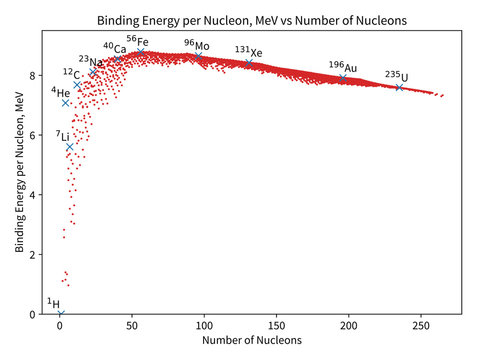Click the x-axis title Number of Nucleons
click(x=252, y=341)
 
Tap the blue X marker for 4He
click(x=66, y=102)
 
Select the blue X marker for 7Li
click(x=70, y=147)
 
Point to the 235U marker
click(x=399, y=87)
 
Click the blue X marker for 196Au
click(x=343, y=78)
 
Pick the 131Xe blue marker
click(x=249, y=63)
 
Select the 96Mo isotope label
click(x=196, y=45)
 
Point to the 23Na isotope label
click(x=90, y=60)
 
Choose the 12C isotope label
click(x=70, y=73)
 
